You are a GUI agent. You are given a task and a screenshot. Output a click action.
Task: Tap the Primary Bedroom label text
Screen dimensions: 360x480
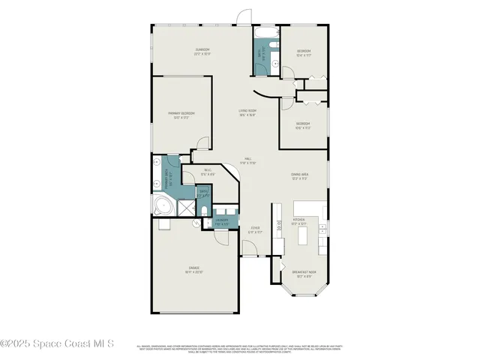click(x=181, y=115)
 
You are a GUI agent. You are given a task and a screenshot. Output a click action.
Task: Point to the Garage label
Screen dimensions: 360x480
click(x=193, y=270)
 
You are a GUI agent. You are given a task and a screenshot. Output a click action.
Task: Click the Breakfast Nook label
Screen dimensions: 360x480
click(x=304, y=274)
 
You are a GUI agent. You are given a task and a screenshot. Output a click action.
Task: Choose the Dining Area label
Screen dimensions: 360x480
click(x=300, y=177)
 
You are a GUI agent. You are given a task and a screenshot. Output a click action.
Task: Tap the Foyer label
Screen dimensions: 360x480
click(x=255, y=231)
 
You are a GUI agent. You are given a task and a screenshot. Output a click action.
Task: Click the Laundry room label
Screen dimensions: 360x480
click(x=221, y=222)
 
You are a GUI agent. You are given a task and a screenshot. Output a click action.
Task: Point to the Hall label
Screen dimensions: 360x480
click(x=247, y=161)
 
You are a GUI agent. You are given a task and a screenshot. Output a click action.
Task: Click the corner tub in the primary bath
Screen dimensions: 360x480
click(x=161, y=205)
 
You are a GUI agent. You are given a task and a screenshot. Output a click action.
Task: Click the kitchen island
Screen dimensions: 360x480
click(x=304, y=237)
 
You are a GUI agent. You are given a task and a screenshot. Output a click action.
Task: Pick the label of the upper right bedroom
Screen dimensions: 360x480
click(x=303, y=53)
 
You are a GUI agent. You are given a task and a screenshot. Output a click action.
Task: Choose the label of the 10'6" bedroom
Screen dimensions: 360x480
click(x=303, y=125)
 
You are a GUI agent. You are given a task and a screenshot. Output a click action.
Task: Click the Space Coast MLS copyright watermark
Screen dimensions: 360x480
click(x=57, y=343)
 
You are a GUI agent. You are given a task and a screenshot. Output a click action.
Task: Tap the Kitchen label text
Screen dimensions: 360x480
click(x=299, y=223)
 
